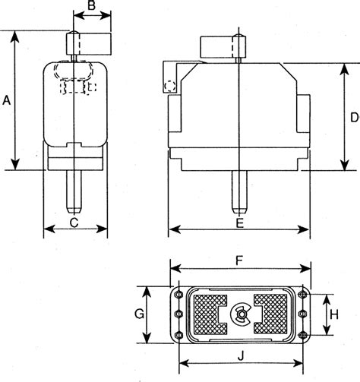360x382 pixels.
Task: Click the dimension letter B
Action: [x=91, y=7]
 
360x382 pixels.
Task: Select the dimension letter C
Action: [x=74, y=223]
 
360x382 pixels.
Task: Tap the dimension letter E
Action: [x=240, y=223]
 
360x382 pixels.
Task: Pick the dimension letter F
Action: [x=239, y=260]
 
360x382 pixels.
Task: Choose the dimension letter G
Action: [x=139, y=314]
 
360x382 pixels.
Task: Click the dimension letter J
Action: [x=240, y=355]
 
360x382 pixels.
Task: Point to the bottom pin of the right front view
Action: [x=239, y=193]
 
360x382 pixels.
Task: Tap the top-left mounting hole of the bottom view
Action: [x=178, y=294]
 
